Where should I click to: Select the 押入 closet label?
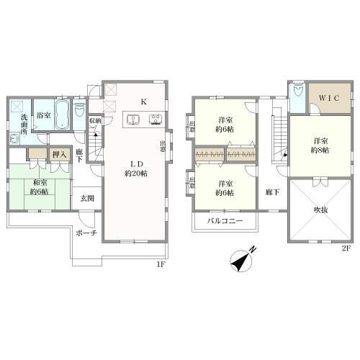59,153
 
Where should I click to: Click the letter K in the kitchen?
144,102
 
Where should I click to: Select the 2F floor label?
345,249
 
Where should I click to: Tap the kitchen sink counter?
144,120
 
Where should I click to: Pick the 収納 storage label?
95,122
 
